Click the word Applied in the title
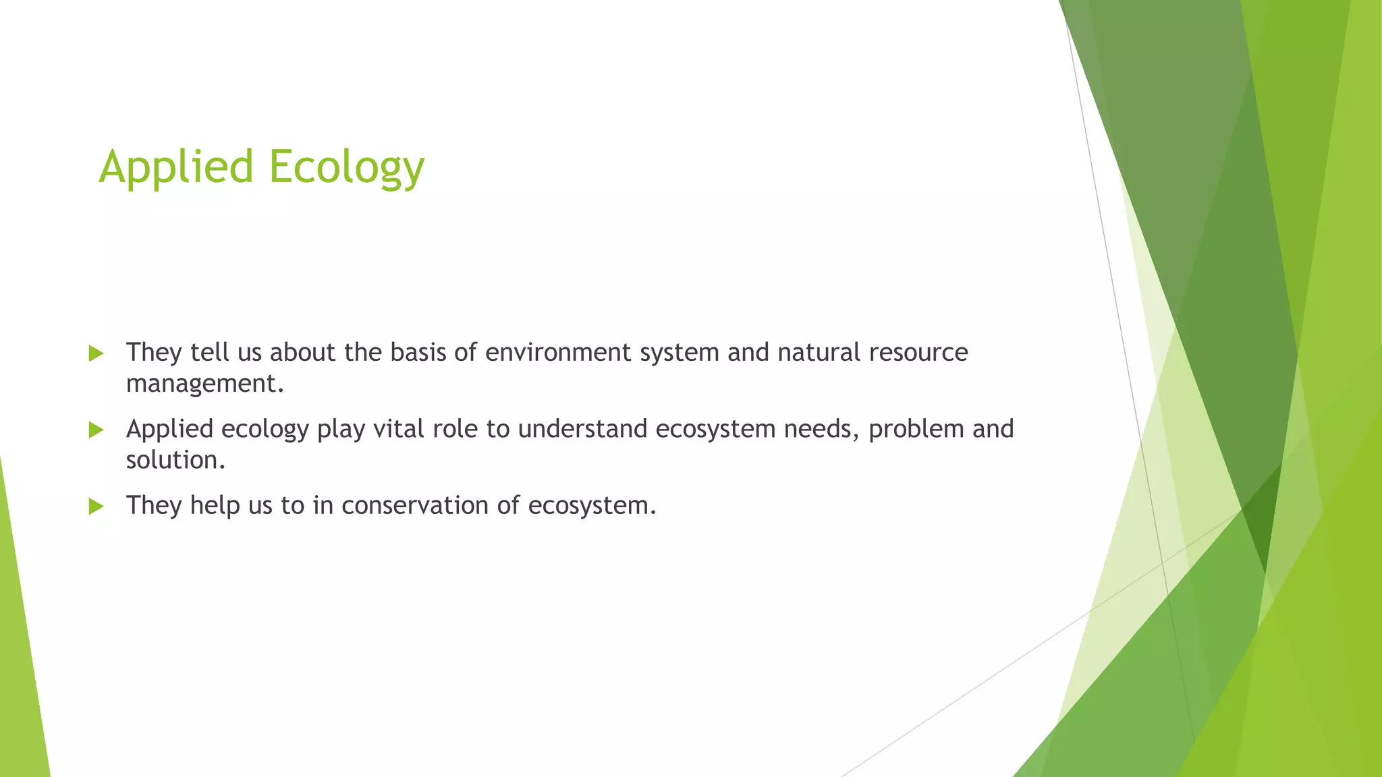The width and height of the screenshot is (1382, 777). tap(175, 167)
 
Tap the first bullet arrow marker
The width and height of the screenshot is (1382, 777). tap(96, 353)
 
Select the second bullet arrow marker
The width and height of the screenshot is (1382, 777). tap(96, 430)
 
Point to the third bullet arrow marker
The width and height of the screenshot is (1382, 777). tap(96, 506)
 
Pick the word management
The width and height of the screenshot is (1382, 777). tap(204, 384)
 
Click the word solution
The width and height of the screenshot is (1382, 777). tap(175, 460)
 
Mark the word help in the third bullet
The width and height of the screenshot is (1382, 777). tap(215, 505)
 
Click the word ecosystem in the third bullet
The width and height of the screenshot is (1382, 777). tap(592, 505)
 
